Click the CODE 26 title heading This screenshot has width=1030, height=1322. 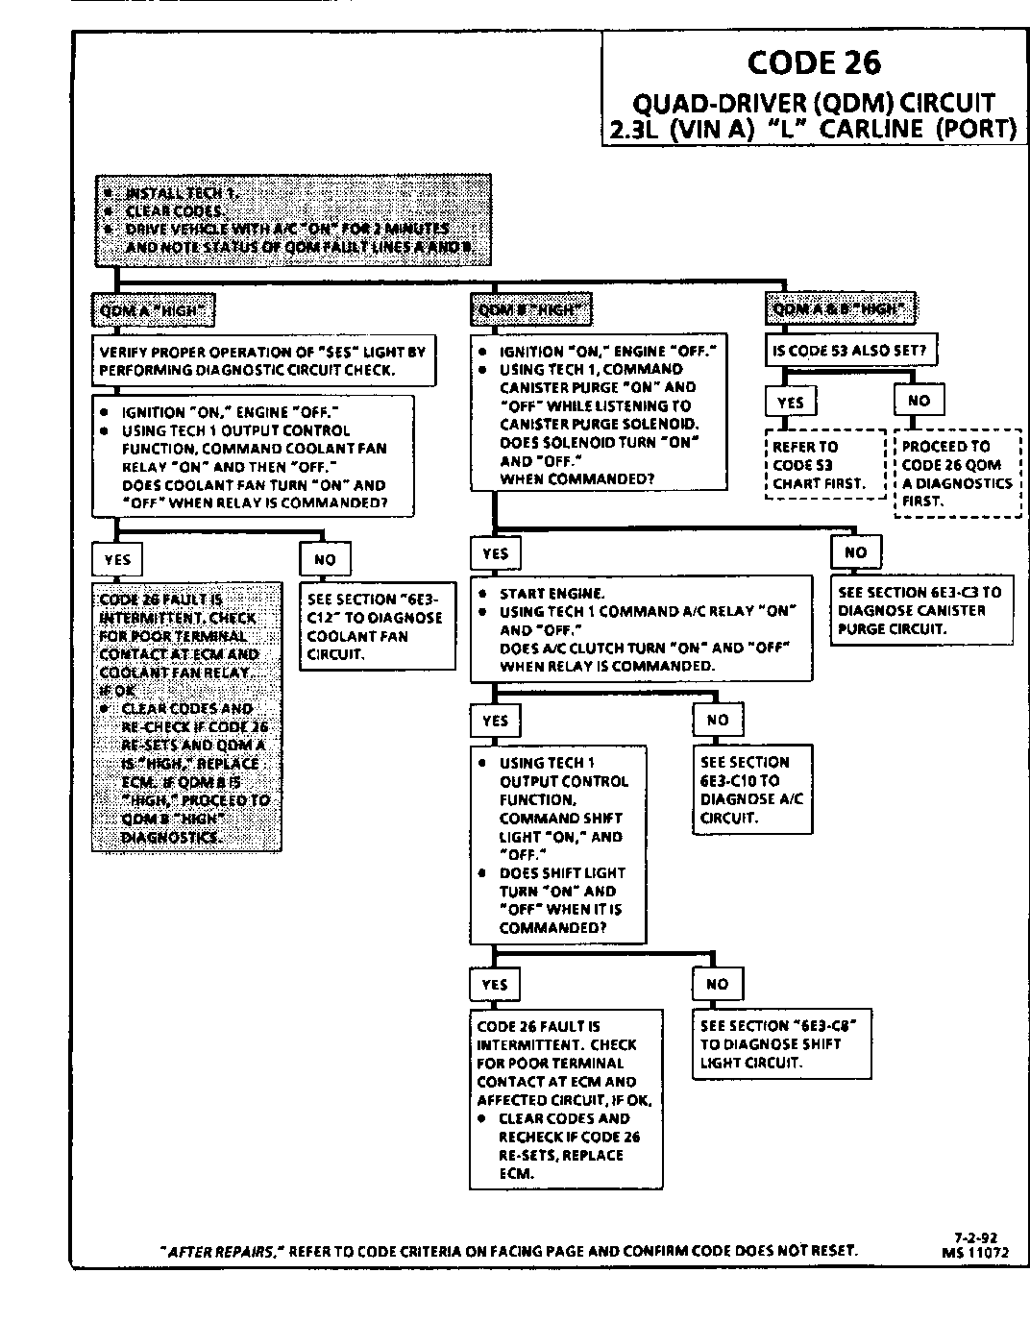[813, 62]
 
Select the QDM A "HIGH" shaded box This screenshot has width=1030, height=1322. [153, 309]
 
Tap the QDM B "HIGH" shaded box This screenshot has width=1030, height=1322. [531, 309]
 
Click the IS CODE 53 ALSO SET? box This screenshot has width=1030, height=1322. [850, 351]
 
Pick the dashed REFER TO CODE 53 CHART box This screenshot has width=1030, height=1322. [825, 465]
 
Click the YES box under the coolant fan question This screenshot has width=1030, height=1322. [116, 559]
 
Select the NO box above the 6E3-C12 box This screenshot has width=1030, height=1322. [325, 559]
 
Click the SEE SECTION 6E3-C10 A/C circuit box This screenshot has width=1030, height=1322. [752, 790]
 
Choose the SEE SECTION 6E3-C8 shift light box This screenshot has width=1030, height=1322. [780, 1043]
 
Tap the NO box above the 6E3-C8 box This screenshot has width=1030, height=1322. [717, 984]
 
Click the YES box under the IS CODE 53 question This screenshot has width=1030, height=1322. [790, 402]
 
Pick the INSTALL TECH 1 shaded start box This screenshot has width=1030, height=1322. [292, 220]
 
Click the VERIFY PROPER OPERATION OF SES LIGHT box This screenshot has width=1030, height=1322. [263, 360]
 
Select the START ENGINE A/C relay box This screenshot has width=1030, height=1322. [641, 629]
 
